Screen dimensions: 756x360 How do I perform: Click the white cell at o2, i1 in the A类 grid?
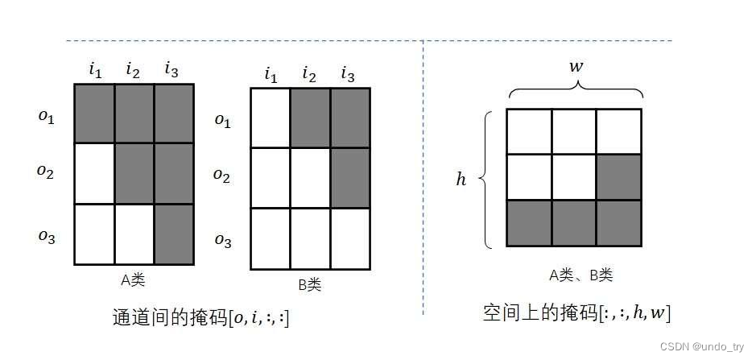coord(94,173)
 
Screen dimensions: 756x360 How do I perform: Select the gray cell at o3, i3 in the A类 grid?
coord(174,234)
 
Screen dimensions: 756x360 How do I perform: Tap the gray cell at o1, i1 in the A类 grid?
coord(94,113)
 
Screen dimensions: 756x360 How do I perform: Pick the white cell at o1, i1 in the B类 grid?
coord(271,118)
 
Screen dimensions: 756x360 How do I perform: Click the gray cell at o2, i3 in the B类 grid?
coord(349,178)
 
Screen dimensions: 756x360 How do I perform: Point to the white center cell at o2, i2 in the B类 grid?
coord(310,178)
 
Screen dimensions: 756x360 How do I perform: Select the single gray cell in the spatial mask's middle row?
coord(619,177)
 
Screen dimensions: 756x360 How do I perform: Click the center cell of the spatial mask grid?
coord(574,177)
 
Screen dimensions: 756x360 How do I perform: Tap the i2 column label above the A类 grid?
coord(133,70)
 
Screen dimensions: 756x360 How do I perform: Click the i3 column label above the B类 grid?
coord(348,75)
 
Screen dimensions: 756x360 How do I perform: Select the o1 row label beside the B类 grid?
coord(222,120)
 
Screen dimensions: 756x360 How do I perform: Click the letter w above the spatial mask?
coord(576,66)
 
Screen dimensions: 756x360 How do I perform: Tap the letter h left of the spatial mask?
coord(461,179)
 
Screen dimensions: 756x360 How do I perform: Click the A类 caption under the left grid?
coord(133,280)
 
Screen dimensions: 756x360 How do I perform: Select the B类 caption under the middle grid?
coord(310,283)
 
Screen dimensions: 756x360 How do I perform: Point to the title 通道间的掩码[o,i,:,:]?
coord(200,317)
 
